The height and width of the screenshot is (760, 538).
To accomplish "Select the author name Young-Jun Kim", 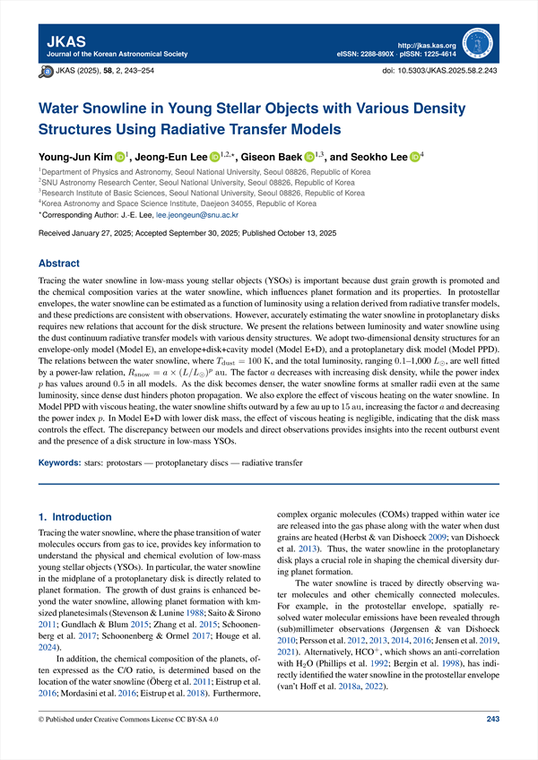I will pos(75,158).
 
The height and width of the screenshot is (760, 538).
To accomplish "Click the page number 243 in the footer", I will pos(492,743).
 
